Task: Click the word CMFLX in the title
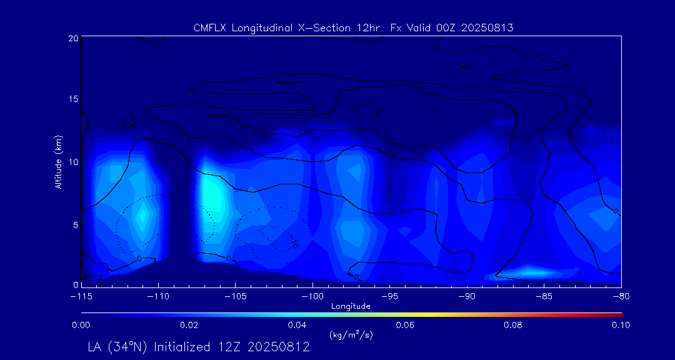pos(209,28)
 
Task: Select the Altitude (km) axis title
pos(58,161)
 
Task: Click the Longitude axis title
pos(351,306)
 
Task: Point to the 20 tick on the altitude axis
pos(72,38)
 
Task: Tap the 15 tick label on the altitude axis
pos(72,99)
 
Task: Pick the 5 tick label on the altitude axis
pos(75,224)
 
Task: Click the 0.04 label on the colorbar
pos(296,325)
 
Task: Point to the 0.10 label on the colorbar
pos(621,325)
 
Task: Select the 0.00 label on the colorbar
pos(81,325)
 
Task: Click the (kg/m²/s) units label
pos(351,335)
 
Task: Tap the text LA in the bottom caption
pos(96,347)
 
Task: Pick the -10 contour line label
pos(413,146)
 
